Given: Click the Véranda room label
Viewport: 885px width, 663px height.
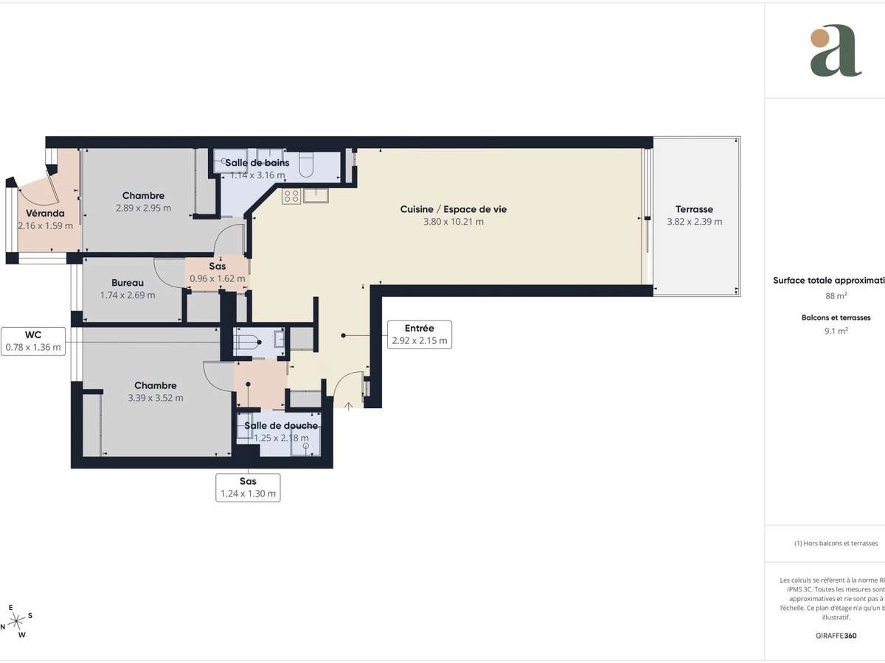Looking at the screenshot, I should click(46, 213).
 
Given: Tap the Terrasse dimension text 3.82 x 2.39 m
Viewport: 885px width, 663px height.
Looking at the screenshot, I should click(694, 222).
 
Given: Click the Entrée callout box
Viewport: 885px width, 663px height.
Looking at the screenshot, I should click(419, 334).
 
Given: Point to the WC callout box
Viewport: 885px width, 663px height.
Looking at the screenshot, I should click(33, 340).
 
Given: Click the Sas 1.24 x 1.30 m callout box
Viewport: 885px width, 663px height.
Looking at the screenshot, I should click(248, 488).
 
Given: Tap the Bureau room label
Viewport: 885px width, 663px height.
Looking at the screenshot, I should click(128, 283).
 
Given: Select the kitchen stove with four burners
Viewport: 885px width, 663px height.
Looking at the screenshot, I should click(291, 195).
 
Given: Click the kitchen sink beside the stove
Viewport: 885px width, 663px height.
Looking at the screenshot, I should click(315, 194).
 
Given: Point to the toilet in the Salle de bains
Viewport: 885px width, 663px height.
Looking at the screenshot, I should click(308, 166).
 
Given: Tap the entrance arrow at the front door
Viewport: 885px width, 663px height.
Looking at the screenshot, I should click(348, 405).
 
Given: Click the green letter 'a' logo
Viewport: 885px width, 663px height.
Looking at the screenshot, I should click(835, 51).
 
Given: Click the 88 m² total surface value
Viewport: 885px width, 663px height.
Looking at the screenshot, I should click(836, 296).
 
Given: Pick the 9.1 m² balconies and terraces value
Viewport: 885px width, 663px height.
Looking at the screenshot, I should click(836, 331).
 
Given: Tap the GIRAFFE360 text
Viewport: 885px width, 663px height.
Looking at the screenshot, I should click(836, 634).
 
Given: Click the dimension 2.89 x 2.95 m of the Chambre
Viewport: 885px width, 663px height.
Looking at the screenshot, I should click(143, 208).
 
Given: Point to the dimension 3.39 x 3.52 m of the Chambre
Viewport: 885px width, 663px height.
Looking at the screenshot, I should click(155, 398).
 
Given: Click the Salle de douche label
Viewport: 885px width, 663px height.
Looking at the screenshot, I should click(281, 426).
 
